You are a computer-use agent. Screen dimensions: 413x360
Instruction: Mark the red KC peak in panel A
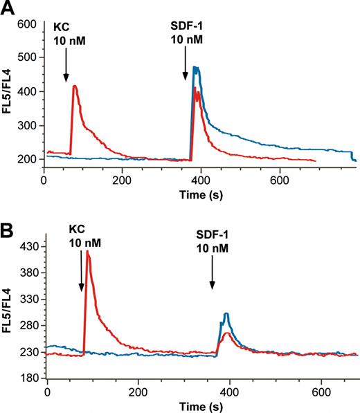tap(74, 86)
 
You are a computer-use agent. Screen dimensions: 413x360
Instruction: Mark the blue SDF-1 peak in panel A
tap(196, 68)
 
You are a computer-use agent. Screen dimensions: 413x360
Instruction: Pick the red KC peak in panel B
tap(88, 252)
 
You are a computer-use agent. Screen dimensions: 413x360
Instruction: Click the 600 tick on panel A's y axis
tap(27, 24)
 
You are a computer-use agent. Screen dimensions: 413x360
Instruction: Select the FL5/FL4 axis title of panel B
tap(8, 312)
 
